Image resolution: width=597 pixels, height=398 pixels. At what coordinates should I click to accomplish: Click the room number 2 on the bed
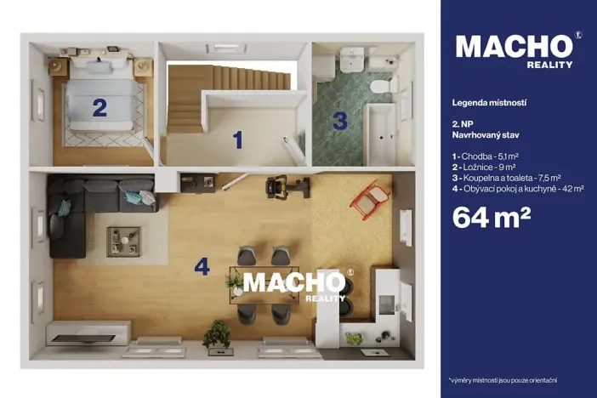pos(99,108)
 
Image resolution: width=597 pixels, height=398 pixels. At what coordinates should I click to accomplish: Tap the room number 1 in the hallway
pos(238,139)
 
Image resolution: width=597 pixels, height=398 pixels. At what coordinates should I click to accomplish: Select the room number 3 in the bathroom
pos(340,121)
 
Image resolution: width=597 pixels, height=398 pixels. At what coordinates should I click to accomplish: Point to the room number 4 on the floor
pos(202,266)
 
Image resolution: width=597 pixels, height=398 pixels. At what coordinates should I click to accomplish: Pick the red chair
pos(369,199)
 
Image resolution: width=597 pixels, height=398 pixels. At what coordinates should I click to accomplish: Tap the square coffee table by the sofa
pos(123,242)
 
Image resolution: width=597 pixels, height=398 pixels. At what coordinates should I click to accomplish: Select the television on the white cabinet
pos(83,338)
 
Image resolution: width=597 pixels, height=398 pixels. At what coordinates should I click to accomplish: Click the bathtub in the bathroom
pos(380,134)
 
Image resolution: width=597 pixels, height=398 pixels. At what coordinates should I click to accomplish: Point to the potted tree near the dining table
pos(217,335)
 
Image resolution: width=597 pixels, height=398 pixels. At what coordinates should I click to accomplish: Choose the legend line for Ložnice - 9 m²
pos(484,168)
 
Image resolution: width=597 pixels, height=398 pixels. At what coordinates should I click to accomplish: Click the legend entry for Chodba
pos(485,156)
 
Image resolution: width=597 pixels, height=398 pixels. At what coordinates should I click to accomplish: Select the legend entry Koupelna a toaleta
pos(506,178)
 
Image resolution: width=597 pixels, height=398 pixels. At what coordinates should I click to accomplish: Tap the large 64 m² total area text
pos(492,217)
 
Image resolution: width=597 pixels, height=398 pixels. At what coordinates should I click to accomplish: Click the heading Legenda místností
pos(489,103)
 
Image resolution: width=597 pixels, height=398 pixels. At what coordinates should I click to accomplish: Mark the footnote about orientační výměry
pos(503,380)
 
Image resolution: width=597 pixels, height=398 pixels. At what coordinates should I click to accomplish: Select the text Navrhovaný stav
pos(486,135)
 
